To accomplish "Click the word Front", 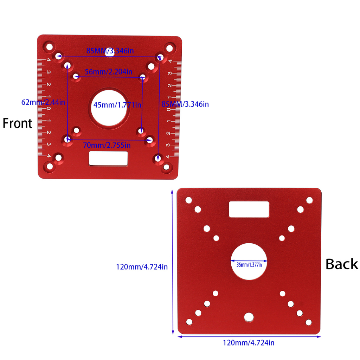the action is click(18, 123).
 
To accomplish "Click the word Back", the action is click(342, 264).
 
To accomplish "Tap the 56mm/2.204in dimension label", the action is click(109, 72).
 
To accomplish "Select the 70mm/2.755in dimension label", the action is click(107, 145).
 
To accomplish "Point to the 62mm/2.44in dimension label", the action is click(43, 102).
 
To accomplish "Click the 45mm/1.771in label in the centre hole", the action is click(117, 105).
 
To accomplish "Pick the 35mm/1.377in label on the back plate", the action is click(249, 265).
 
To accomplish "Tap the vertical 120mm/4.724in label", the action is click(142, 267).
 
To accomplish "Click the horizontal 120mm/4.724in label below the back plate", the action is click(249, 343).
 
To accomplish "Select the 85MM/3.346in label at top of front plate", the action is click(110, 51).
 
